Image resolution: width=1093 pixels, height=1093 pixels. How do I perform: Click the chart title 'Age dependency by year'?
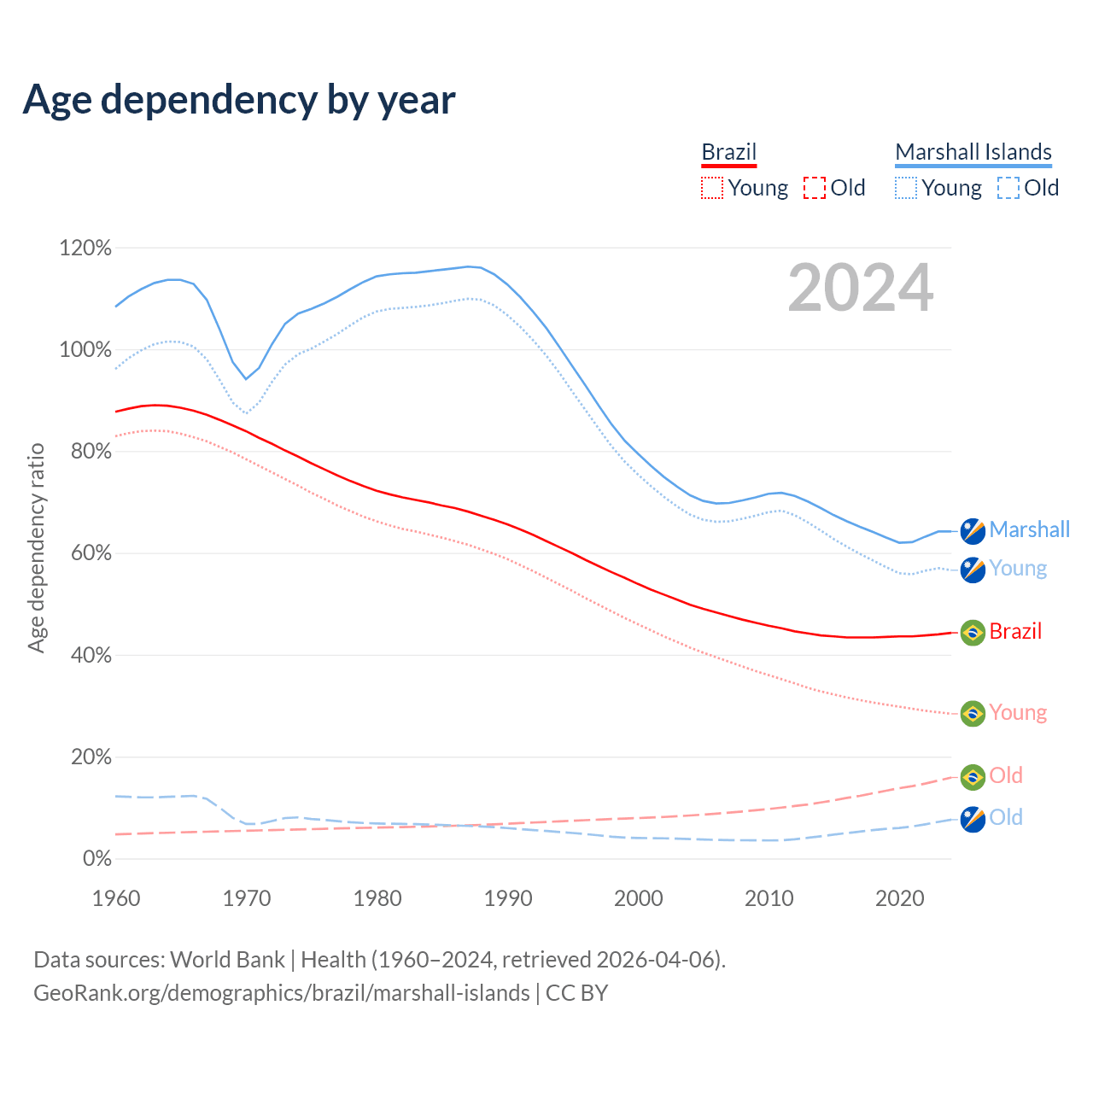click(239, 100)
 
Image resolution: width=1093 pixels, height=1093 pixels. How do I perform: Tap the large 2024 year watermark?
click(860, 288)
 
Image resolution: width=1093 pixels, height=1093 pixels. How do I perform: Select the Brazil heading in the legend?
click(728, 152)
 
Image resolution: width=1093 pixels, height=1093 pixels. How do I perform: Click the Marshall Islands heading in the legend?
click(973, 152)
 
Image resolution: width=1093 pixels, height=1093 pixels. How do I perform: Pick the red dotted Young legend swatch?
click(711, 188)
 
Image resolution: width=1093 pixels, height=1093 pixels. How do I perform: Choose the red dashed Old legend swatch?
click(815, 188)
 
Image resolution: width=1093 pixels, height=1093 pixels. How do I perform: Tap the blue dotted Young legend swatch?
click(906, 188)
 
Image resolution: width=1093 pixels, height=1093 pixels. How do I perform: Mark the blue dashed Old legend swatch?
click(1008, 188)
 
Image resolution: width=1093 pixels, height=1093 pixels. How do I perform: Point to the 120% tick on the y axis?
click(85, 248)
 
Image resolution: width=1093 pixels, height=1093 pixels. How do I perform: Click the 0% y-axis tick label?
click(96, 859)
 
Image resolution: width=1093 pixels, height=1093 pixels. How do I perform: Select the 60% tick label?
click(91, 553)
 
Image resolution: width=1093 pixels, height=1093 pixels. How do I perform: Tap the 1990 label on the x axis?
click(508, 898)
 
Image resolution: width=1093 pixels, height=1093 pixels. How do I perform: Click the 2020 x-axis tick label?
click(900, 898)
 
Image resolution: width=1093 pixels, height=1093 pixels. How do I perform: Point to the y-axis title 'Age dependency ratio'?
click(36, 547)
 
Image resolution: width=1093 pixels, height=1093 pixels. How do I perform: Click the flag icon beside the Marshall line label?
click(973, 530)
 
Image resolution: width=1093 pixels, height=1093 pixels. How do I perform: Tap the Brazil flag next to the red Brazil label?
click(973, 633)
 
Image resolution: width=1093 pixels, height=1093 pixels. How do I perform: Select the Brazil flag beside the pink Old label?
click(973, 777)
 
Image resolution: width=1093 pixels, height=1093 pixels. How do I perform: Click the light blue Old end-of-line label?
click(1006, 818)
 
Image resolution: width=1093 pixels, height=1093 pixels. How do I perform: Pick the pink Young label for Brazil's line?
click(1018, 713)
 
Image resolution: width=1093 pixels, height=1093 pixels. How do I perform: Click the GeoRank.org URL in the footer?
click(282, 993)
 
